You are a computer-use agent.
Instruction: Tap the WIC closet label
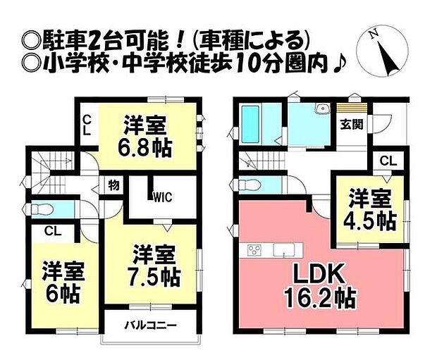point(163,197)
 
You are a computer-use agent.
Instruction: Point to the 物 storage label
point(113,185)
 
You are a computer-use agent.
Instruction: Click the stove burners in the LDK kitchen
point(255,250)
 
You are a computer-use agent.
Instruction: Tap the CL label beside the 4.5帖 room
point(388,161)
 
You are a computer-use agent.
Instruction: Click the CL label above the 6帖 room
point(52,230)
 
